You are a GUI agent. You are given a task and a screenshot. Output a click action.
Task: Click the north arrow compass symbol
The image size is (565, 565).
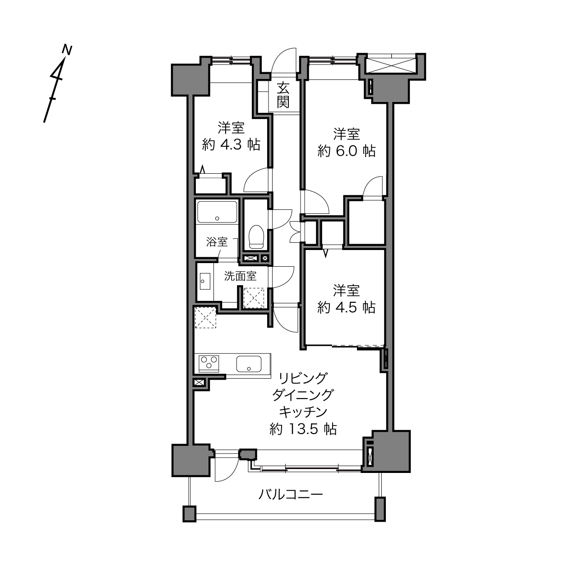pos(58,83)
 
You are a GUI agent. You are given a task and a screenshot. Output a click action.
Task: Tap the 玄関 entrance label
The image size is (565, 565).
pos(283,95)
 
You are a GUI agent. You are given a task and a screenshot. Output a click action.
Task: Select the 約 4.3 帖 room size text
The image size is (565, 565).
pos(231,144)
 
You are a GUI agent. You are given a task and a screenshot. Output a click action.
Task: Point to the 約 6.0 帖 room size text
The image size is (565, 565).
pos(346,151)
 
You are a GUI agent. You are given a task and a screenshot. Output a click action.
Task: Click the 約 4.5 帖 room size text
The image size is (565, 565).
pos(346,307)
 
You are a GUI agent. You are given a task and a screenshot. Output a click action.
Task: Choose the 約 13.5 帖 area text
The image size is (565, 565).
pos(303,429)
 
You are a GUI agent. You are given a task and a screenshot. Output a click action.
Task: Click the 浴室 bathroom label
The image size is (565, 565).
pos(217,242)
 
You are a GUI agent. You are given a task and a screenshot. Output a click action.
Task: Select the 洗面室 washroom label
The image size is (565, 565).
pos(241,276)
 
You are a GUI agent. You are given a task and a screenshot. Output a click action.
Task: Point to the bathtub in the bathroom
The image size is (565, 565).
pos(217,212)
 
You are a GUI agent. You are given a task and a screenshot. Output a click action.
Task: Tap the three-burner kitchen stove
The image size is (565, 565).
pos(209,364)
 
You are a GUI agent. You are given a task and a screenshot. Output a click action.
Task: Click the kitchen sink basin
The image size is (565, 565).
pos(249,364)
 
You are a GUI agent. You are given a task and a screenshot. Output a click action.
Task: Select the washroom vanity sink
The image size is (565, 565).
pos(205,281)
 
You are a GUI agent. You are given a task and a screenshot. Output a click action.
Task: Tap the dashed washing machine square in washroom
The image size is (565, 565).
pos(254,298)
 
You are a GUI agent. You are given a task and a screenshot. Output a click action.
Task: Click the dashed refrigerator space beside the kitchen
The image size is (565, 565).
pos(205,317)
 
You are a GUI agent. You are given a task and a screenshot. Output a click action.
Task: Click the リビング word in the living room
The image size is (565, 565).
pos(303,378)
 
